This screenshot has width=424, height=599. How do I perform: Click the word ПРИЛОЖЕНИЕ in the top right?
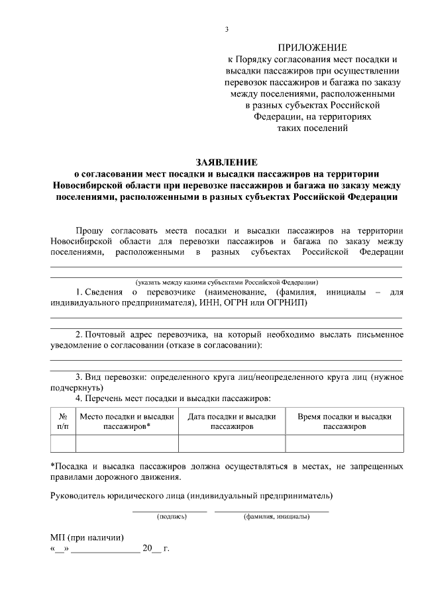click(311, 48)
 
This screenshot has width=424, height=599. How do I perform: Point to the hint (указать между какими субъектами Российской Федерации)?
click(227, 282)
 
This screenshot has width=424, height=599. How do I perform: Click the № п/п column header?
click(64, 422)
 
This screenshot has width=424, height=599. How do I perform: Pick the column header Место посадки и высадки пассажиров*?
click(127, 422)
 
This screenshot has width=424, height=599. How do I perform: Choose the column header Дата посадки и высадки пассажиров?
click(232, 422)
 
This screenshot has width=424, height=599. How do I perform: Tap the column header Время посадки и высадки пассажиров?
click(344, 422)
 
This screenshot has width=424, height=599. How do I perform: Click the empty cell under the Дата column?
click(232, 443)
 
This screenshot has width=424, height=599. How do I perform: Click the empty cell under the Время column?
click(344, 443)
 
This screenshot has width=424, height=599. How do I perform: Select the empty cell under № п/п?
click(64, 443)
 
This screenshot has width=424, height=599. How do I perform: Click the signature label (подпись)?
click(170, 516)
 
